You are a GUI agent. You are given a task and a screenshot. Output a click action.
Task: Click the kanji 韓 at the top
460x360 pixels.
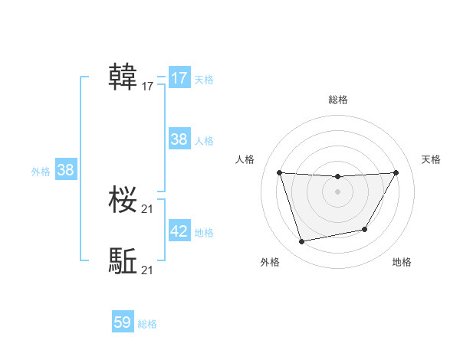(x=123, y=77)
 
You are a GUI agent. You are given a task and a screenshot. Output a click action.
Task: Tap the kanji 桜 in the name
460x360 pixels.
(x=123, y=201)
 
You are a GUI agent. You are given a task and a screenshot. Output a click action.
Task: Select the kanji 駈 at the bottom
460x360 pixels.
(x=123, y=261)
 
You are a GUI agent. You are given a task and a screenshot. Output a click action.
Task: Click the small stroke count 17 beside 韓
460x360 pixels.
(x=148, y=87)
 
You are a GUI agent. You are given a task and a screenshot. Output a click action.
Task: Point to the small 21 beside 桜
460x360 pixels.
(x=148, y=209)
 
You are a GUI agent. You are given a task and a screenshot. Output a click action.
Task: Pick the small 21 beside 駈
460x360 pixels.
(x=148, y=270)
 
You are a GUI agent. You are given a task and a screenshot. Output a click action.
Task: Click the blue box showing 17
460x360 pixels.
(x=179, y=78)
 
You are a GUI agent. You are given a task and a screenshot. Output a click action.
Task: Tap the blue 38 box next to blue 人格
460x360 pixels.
(x=179, y=139)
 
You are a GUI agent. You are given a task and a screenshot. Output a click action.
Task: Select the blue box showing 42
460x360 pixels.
(x=179, y=231)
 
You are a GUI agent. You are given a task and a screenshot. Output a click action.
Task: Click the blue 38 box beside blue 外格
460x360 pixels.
(x=65, y=170)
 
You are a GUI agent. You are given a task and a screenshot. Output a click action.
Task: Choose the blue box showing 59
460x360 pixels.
(x=123, y=322)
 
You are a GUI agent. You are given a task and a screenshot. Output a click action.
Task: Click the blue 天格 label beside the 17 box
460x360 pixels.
(x=204, y=80)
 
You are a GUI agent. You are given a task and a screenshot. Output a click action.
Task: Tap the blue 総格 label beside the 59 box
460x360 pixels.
(x=147, y=324)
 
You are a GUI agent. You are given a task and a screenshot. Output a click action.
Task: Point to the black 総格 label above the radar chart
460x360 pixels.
(x=338, y=100)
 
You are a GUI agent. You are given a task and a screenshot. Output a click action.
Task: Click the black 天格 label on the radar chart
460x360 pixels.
(x=432, y=159)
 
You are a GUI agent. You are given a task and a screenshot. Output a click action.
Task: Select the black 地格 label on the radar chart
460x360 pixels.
(x=402, y=263)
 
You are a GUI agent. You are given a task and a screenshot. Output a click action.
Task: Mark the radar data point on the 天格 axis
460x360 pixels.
(x=396, y=172)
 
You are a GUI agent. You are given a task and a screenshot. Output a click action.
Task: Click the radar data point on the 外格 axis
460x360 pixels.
(x=302, y=242)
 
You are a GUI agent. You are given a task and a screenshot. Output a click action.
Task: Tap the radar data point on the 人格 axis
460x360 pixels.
(x=279, y=172)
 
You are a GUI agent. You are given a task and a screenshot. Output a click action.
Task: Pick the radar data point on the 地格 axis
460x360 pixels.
(x=365, y=229)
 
